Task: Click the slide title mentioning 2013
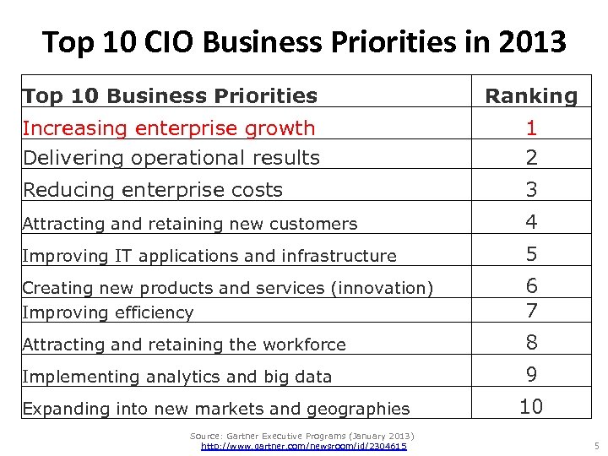(304, 41)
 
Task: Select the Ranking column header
(530, 96)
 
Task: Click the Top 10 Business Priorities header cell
(170, 96)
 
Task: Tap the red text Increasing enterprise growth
(168, 128)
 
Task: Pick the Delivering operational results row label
(171, 158)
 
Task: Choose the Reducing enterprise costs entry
(152, 190)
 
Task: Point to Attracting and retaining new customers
(189, 224)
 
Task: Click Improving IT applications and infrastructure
(209, 256)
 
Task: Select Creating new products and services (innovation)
(227, 288)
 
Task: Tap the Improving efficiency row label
(107, 312)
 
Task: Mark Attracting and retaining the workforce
(183, 345)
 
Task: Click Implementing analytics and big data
(176, 377)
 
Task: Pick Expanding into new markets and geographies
(215, 409)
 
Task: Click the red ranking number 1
(531, 128)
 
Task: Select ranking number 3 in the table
(531, 190)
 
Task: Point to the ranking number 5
(531, 254)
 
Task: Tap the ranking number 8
(531, 343)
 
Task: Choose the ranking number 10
(531, 407)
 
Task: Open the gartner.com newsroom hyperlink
(304, 446)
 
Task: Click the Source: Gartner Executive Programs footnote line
(301, 435)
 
